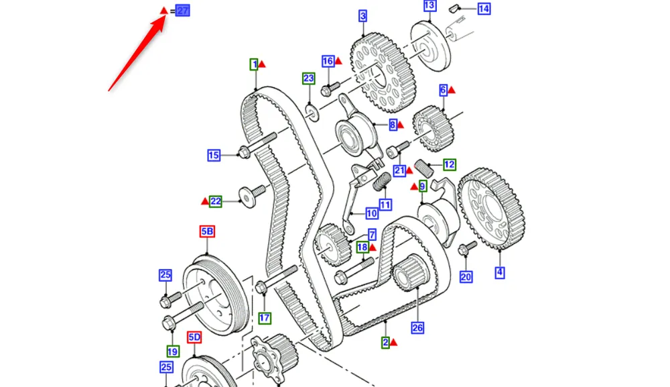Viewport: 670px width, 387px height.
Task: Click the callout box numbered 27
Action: [x=182, y=11]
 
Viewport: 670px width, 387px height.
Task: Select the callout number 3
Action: [x=362, y=15]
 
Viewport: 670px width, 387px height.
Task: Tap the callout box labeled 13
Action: [x=429, y=6]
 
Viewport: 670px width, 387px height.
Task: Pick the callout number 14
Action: [x=484, y=9]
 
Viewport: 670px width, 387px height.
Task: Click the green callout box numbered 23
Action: [x=308, y=78]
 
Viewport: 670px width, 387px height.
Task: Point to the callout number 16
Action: [x=328, y=61]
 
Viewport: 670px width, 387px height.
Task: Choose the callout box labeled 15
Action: [x=214, y=156]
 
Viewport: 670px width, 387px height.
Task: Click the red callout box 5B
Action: [x=207, y=232]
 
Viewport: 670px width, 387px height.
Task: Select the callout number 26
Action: [x=418, y=328]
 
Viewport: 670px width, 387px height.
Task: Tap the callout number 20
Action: [x=466, y=276]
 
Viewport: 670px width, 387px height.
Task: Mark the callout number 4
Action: [x=500, y=272]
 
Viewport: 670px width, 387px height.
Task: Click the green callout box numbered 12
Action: [x=449, y=164]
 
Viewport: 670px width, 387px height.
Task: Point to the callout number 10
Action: [x=372, y=215]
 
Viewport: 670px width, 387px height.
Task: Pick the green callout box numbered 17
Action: [x=265, y=318]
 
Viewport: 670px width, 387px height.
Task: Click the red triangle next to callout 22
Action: [x=204, y=200]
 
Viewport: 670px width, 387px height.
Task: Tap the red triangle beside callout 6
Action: [x=452, y=89]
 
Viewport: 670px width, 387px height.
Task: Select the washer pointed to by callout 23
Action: [x=311, y=109]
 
